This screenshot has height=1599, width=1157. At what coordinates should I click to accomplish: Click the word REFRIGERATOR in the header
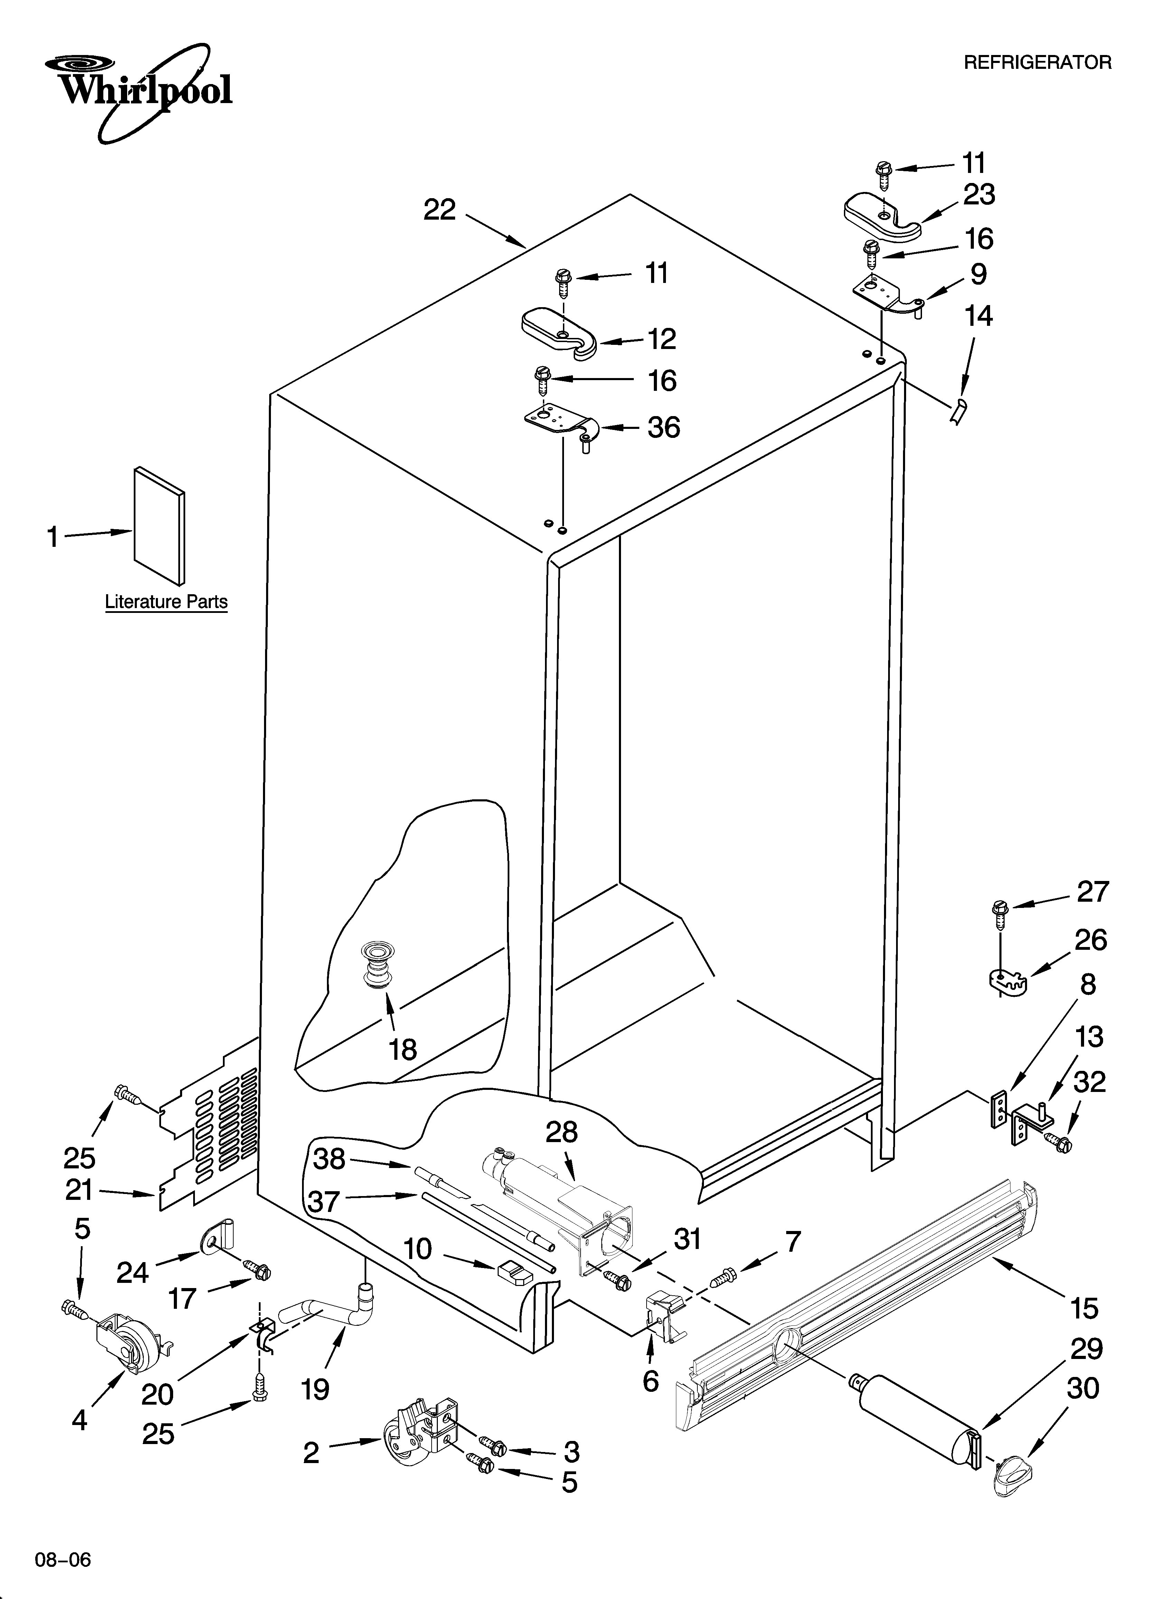coord(1037,63)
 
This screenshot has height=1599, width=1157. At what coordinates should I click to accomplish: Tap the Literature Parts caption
coord(166,601)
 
